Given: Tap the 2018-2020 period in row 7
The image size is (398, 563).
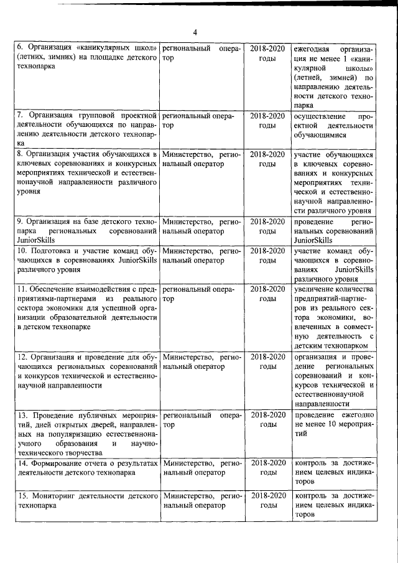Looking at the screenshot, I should [267, 116].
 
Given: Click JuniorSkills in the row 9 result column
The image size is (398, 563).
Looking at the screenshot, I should [314, 240].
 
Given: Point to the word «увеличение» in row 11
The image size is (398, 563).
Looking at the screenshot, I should [316, 289].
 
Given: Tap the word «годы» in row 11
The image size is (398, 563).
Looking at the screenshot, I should [267, 299].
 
